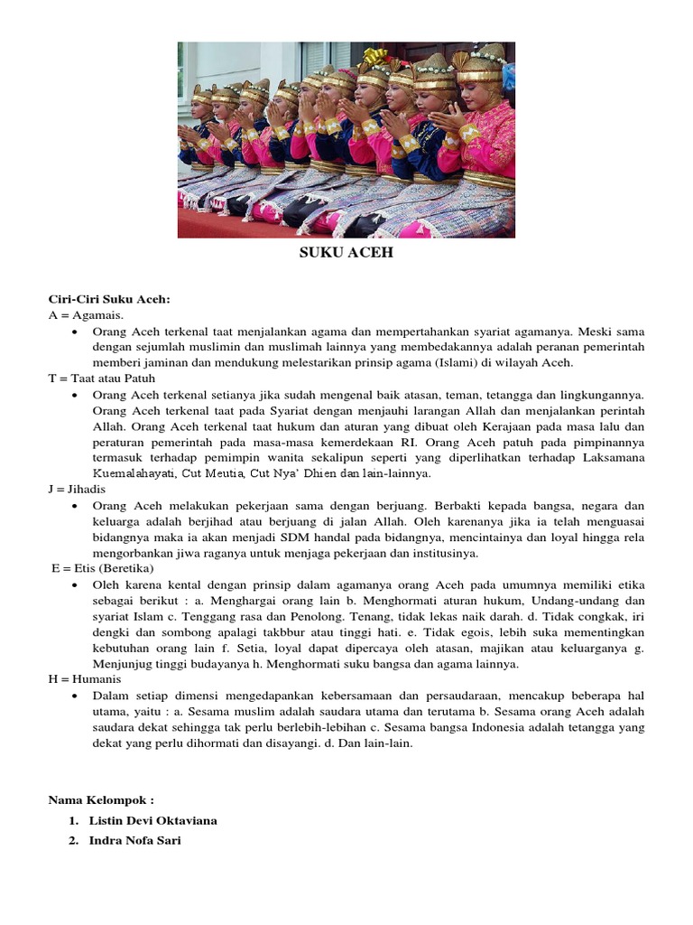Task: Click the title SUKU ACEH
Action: pyautogui.click(x=346, y=253)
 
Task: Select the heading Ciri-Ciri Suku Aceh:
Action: pyautogui.click(x=109, y=300)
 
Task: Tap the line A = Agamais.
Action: pyautogui.click(x=86, y=314)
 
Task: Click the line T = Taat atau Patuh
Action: pyautogui.click(x=102, y=378)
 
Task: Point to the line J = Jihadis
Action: pyautogui.click(x=78, y=489)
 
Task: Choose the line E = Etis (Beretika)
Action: pyautogui.click(x=103, y=568)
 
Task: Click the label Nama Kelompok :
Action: pyautogui.click(x=101, y=799)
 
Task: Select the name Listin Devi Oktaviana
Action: pyautogui.click(x=153, y=820)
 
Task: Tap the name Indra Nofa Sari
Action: pyautogui.click(x=136, y=841)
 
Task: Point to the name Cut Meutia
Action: pyautogui.click(x=212, y=473)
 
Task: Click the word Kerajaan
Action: pyautogui.click(x=492, y=426)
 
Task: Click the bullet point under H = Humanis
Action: pyautogui.click(x=73, y=696)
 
